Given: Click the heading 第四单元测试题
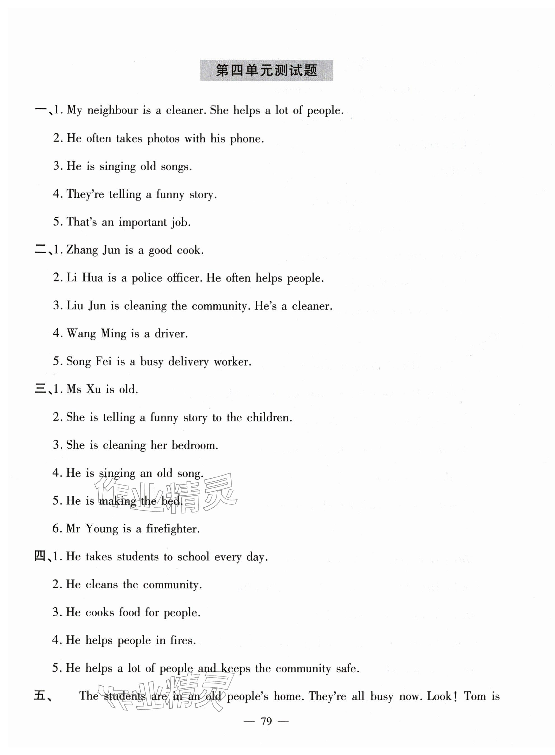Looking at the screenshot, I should click(266, 71).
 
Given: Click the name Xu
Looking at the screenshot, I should click(94, 389).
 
